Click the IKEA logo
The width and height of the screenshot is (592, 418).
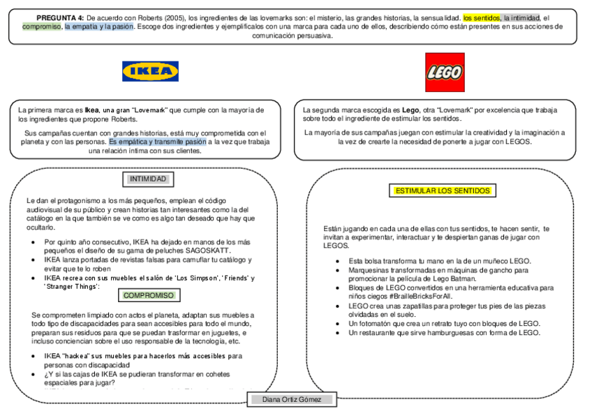tap(150, 71)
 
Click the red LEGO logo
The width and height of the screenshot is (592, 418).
tap(445, 72)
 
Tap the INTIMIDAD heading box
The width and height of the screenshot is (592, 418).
tap(148, 179)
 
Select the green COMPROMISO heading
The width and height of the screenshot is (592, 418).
tap(148, 295)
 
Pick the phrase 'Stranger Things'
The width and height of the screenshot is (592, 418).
tap(72, 286)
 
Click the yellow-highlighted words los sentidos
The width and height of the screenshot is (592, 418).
tap(481, 17)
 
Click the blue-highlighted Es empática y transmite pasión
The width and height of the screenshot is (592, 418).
tap(158, 142)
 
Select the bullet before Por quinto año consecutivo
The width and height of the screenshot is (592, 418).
tap(34, 241)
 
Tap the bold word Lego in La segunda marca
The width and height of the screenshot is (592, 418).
tap(411, 110)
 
